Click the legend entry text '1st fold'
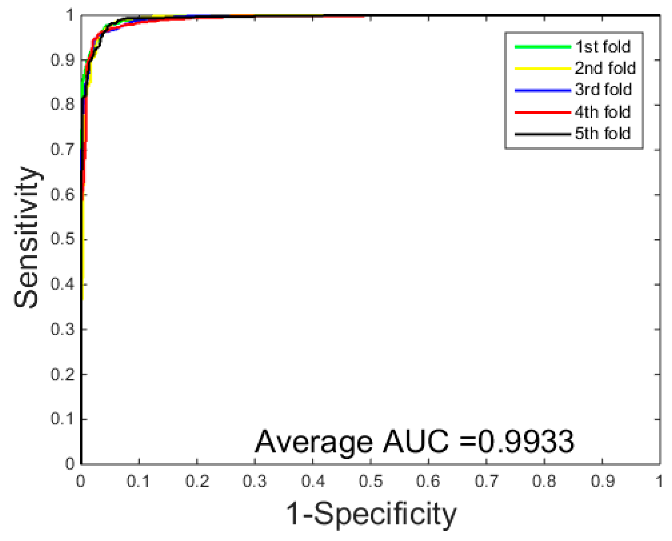[x=603, y=47]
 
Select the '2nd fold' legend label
[x=605, y=68]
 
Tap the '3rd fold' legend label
[x=603, y=90]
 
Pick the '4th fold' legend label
[x=603, y=112]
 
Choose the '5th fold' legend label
[x=603, y=133]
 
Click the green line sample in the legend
[x=542, y=47]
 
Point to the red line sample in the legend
[x=542, y=112]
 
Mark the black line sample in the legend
[x=542, y=134]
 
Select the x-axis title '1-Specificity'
[x=371, y=514]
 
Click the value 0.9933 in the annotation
[x=525, y=441]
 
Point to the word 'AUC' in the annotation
[x=415, y=441]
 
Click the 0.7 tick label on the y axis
[x=63, y=150]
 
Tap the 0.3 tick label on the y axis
[x=63, y=329]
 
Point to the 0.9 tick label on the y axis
[x=63, y=60]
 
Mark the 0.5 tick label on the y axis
[x=63, y=239]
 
